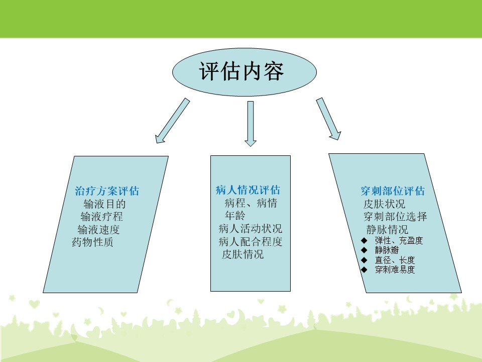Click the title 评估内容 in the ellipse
(x=242, y=71)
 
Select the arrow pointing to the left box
(x=172, y=121)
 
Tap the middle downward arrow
(x=251, y=124)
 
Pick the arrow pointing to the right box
(x=328, y=119)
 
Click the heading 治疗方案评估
(x=107, y=191)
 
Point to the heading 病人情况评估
(x=248, y=190)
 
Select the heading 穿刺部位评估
(x=393, y=191)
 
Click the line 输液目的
(x=104, y=204)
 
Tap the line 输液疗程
(x=101, y=217)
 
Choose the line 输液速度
(x=98, y=229)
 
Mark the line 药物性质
(x=92, y=242)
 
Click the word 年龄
(x=235, y=216)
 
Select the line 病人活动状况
(x=250, y=228)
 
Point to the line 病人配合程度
(x=250, y=241)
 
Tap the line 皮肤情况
(x=243, y=254)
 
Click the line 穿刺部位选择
(x=395, y=216)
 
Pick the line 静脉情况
(x=387, y=229)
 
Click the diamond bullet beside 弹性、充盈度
(x=365, y=240)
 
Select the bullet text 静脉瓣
(x=387, y=250)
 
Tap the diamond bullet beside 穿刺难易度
(x=365, y=269)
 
